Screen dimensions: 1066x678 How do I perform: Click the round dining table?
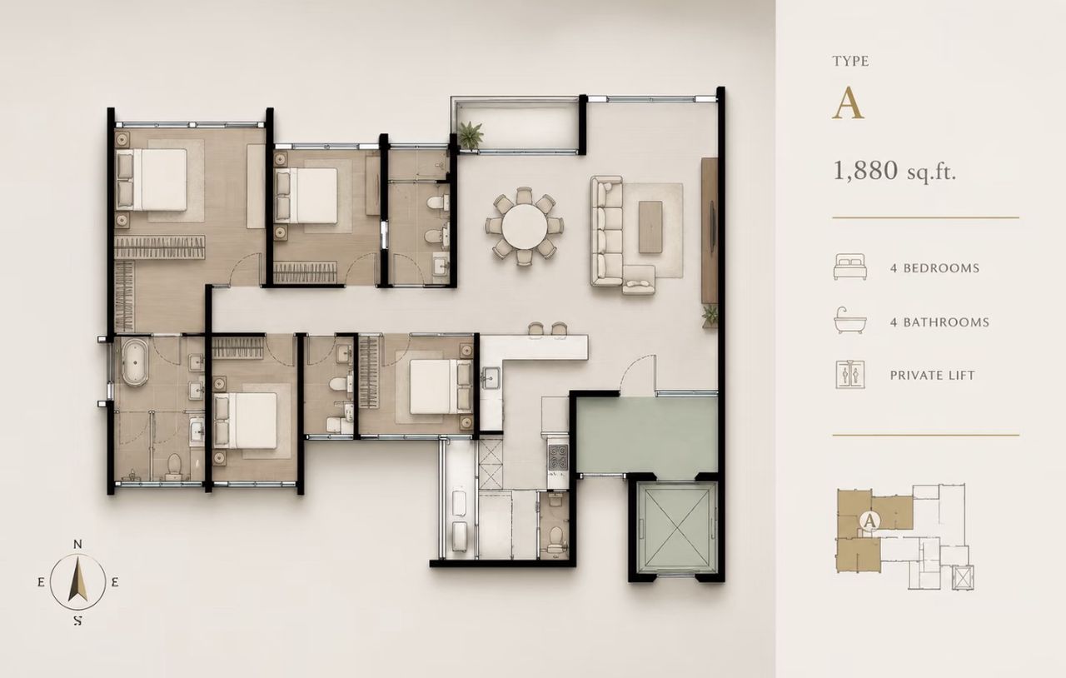(524, 226)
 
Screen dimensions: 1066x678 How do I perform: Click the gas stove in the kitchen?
(558, 457)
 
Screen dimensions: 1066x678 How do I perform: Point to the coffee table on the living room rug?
(650, 227)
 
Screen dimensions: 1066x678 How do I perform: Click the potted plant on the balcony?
(471, 135)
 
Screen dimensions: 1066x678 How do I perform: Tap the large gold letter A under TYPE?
(848, 104)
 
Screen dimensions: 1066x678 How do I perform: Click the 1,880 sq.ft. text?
(894, 171)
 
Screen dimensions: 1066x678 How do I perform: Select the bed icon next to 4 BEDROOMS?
(850, 267)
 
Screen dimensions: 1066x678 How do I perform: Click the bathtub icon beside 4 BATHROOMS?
(850, 320)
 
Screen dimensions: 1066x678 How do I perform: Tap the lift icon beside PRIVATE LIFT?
(850, 374)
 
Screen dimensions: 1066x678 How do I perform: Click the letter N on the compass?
(77, 544)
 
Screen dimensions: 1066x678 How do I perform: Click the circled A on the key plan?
(869, 521)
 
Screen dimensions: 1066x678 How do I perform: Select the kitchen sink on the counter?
(490, 378)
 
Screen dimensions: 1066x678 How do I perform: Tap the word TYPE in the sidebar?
(851, 61)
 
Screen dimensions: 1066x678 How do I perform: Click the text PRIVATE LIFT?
(932, 375)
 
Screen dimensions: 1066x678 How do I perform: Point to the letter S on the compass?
(78, 621)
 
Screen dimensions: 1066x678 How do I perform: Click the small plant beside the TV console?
(710, 316)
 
